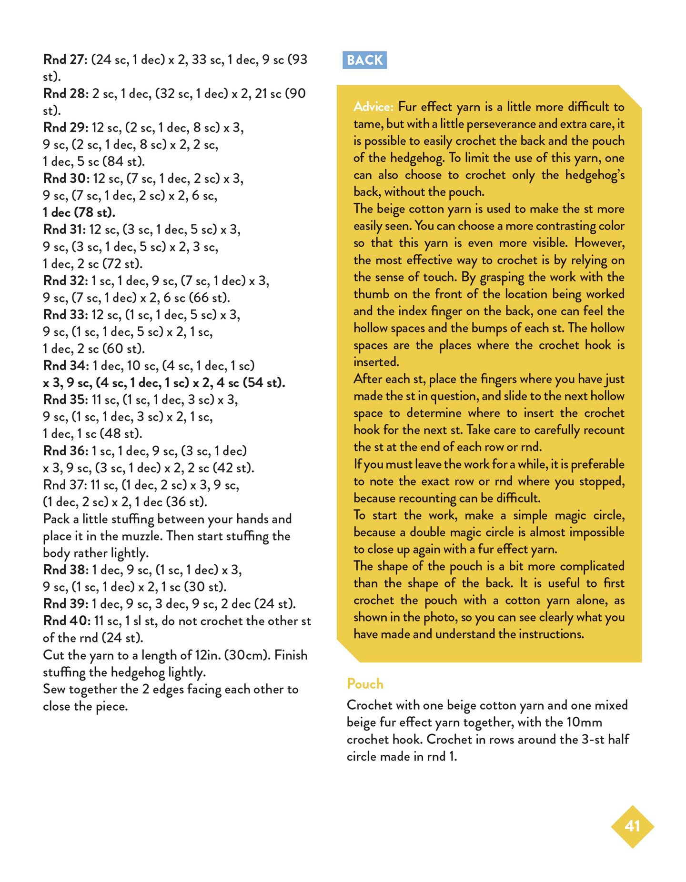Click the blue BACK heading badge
pyautogui.click(x=364, y=60)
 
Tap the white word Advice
pyautogui.click(x=373, y=107)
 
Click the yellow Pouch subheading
pyautogui.click(x=365, y=684)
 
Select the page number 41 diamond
pyautogui.click(x=632, y=826)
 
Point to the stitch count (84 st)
pyautogui.click(x=123, y=161)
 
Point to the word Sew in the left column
pyautogui.click(x=54, y=690)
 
